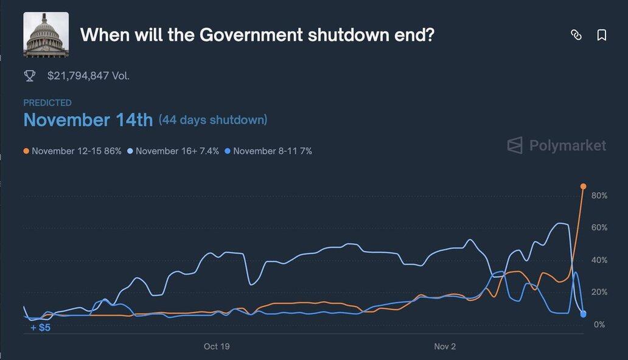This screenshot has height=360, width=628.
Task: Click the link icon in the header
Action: [576, 35]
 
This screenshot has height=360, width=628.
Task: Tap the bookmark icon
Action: [602, 35]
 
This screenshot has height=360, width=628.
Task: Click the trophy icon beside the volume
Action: [29, 76]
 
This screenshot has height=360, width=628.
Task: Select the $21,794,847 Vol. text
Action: [88, 76]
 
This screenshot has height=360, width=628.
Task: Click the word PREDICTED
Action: [47, 103]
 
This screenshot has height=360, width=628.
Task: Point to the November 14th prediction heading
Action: [88, 120]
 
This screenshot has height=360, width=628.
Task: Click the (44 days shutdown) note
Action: [213, 120]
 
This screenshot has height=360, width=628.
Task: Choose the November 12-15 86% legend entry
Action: [73, 151]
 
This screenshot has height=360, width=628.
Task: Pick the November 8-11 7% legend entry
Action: [268, 151]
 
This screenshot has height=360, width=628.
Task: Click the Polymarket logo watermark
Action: [557, 145]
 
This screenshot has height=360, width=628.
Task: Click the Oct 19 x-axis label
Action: [217, 347]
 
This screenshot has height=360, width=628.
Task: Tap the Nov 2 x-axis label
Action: [445, 347]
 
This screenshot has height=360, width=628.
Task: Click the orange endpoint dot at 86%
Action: [583, 186]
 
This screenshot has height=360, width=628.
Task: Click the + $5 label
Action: [41, 328]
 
